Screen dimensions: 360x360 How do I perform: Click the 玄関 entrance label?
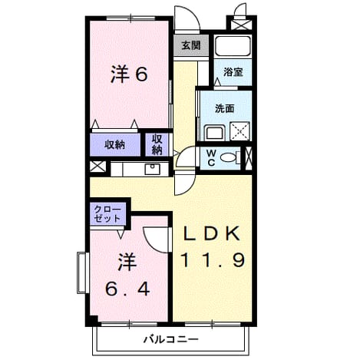pos(191,45)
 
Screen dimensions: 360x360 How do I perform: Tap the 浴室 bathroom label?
pos(233,72)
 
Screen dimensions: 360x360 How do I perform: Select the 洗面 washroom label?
pos(224,108)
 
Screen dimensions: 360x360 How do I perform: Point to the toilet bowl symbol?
pos(228,157)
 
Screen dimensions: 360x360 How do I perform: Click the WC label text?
pos(211,158)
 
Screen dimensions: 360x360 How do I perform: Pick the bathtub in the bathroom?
pos(233,46)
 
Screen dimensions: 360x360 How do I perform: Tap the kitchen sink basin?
pos(152,169)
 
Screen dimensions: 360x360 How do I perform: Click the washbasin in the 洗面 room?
pos(215,133)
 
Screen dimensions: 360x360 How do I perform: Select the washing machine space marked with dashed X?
pos(239,131)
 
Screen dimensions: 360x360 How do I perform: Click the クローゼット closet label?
pos(107,214)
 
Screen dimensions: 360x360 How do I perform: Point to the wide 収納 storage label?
pos(114,145)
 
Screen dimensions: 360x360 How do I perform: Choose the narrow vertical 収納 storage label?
pos(157,145)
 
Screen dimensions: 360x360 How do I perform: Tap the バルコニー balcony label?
pos(170,339)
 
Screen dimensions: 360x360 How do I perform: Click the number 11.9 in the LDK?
pos(213,259)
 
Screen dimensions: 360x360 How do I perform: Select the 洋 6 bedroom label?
pos(129,74)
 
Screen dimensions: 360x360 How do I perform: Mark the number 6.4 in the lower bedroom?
pos(127,289)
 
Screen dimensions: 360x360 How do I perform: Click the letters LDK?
pos(212,233)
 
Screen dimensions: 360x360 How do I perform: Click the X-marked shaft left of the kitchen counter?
pos(97,167)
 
